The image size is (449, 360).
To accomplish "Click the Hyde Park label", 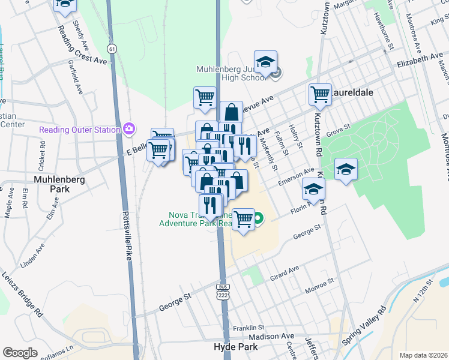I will (x=235, y=347).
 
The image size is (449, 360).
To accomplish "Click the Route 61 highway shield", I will (x=112, y=47).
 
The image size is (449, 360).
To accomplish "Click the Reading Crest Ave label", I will (x=83, y=53).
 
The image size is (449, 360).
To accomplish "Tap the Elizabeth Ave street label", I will (x=420, y=61).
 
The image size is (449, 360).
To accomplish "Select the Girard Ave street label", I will (x=284, y=273).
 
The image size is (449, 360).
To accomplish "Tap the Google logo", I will (x=20, y=353).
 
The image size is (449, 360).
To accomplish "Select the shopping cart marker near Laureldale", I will (x=321, y=94).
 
